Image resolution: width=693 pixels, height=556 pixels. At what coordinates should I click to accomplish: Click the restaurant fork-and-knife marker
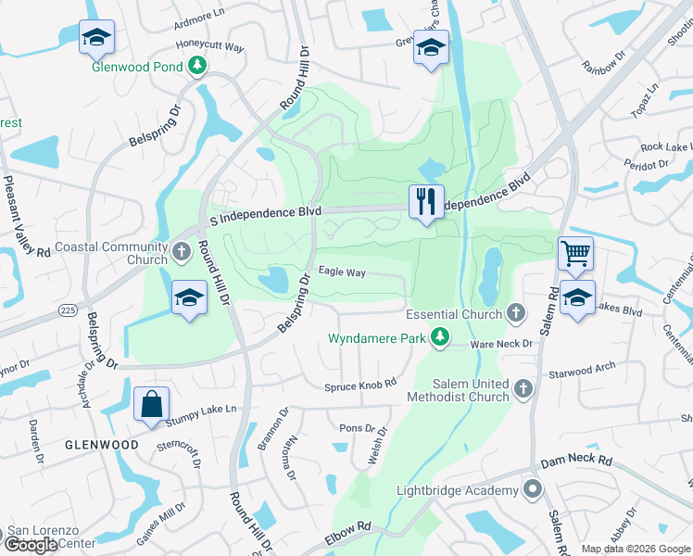click(426, 201)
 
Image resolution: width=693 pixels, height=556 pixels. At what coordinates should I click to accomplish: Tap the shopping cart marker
click(576, 252)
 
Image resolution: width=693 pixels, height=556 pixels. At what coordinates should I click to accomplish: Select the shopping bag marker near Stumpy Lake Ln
click(151, 404)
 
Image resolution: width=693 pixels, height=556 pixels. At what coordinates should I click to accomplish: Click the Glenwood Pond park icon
click(196, 65)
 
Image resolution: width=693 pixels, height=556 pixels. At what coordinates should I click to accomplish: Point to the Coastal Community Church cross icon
click(182, 248)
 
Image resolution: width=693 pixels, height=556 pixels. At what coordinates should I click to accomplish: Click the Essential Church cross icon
click(516, 314)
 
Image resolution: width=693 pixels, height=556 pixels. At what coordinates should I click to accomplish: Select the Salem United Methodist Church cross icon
click(523, 389)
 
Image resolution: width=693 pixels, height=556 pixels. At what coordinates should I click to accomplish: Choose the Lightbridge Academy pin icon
click(532, 489)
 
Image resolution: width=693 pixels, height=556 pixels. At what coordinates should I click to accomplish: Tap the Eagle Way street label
click(342, 272)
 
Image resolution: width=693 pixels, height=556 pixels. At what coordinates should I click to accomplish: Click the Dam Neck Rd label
click(576, 460)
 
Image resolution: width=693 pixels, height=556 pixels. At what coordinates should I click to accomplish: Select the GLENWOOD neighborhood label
click(102, 445)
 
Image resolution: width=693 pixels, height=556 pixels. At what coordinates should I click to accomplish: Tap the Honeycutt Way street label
click(209, 45)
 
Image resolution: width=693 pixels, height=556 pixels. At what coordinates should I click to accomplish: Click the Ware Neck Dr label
click(501, 344)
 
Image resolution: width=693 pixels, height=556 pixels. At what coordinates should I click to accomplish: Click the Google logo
click(31, 545)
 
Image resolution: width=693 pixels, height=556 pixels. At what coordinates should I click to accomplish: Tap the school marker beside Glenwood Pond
click(96, 37)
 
